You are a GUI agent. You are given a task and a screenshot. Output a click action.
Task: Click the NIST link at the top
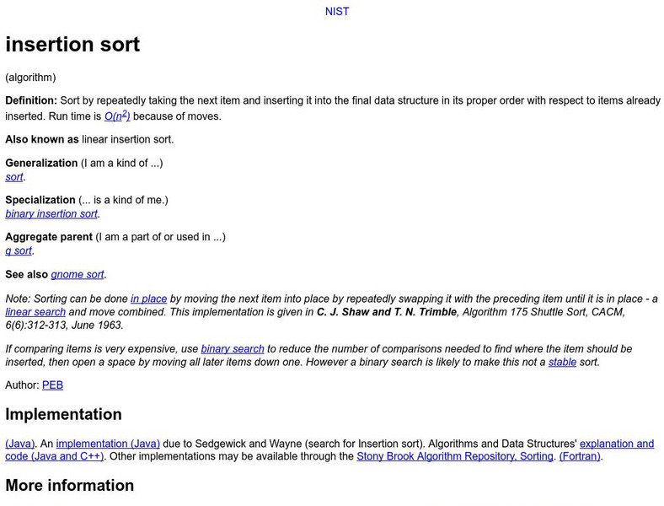[337, 12]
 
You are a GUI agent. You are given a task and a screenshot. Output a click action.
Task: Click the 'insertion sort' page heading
[72, 45]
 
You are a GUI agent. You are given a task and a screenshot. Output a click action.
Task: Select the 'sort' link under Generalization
[14, 177]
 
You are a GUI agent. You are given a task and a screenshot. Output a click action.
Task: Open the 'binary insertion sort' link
[51, 214]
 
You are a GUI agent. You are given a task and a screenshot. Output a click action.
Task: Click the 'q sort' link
[19, 251]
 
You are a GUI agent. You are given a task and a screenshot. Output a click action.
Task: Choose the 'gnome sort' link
[78, 275]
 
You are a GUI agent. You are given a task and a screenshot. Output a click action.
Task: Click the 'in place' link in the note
[148, 299]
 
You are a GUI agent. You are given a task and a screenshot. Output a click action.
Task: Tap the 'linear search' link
[35, 312]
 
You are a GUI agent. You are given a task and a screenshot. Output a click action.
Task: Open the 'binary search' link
[233, 349]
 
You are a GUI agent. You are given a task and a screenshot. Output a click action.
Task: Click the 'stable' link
[562, 363]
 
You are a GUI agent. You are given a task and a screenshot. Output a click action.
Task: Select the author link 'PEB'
[52, 385]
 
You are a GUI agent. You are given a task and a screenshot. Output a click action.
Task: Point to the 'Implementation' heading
[64, 415]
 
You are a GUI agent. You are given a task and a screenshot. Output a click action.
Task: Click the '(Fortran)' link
[581, 457]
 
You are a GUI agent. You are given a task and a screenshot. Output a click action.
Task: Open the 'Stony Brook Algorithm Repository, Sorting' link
[455, 457]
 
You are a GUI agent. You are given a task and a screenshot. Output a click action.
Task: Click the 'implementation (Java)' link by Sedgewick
[108, 444]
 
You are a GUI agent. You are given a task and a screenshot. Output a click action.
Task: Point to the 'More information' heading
[70, 486]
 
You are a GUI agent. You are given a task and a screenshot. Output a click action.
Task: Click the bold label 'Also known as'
[42, 140]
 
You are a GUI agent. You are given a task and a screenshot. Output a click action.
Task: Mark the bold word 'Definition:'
[31, 101]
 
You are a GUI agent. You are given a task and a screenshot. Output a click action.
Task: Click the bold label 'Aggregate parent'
[49, 238]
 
